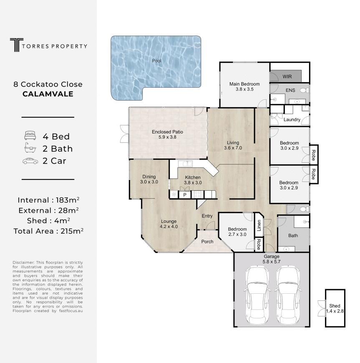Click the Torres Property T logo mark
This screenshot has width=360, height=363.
tap(16, 45)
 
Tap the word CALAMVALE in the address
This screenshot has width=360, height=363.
tap(48, 94)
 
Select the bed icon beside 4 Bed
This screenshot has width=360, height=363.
tap(30, 136)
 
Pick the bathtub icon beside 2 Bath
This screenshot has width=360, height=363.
tap(30, 148)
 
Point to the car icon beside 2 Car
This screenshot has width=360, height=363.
tap(30, 161)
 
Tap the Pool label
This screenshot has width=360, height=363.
tap(157, 60)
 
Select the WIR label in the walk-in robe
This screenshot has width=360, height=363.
tap(287, 76)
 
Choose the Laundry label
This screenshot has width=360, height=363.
tap(292, 119)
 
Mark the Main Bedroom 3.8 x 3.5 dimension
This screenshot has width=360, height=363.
tap(245, 89)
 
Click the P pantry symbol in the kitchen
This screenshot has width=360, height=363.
tap(185, 195)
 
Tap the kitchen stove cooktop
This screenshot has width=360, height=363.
tap(197, 194)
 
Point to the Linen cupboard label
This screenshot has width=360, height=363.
tap(259, 225)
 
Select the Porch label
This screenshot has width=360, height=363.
tap(207, 242)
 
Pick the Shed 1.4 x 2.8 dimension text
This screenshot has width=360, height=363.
tap(335, 311)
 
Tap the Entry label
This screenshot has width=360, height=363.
tap(207, 216)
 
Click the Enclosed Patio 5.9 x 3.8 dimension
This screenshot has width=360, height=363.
tap(167, 137)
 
